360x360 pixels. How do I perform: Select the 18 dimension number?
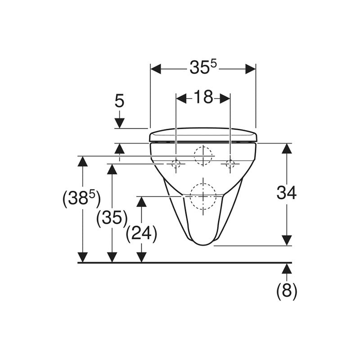click(x=203, y=97)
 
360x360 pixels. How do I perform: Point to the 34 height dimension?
click(x=287, y=193)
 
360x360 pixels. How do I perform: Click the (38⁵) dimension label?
click(x=81, y=198)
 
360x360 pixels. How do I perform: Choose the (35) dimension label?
click(x=112, y=218)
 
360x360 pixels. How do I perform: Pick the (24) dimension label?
click(x=141, y=234)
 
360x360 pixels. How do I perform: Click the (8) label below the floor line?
click(x=287, y=291)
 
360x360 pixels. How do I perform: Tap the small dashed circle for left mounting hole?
click(x=176, y=164)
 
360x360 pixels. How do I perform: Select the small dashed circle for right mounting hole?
click(x=230, y=164)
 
